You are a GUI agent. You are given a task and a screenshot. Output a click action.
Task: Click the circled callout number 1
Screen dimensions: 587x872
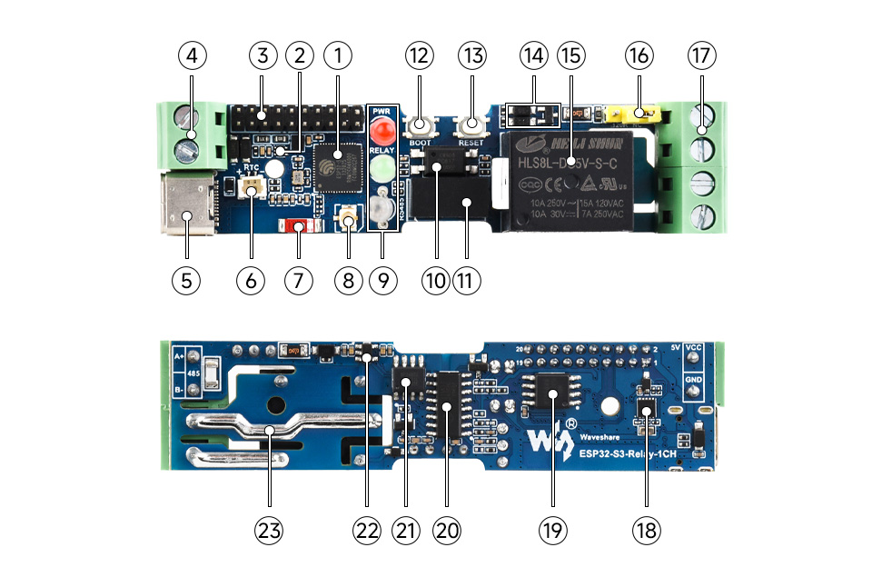coord(337,56)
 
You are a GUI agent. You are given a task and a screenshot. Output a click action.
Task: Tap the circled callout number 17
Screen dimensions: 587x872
coord(701,56)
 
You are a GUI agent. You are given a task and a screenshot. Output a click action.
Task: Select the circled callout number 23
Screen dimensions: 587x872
coord(269,531)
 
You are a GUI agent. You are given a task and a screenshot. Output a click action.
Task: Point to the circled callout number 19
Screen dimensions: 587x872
coord(551,531)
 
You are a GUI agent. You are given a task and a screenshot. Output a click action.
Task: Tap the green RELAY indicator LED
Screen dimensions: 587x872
coord(382,169)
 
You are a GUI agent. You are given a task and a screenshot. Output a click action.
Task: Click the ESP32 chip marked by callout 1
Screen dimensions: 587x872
coord(338,168)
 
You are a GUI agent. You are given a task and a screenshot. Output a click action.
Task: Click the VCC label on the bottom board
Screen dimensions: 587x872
coord(693,347)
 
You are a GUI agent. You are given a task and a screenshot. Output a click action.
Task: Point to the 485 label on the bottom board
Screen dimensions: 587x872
coord(193,373)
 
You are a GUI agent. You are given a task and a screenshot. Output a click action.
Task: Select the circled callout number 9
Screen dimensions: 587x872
coord(383,280)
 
